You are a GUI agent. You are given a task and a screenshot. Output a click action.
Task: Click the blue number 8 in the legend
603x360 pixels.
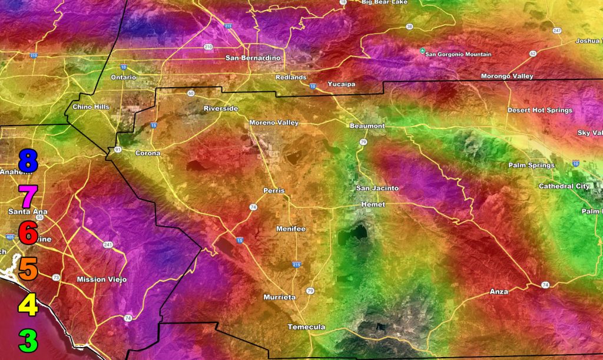(28, 161)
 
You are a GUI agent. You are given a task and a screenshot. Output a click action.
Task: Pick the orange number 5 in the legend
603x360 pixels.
(28, 268)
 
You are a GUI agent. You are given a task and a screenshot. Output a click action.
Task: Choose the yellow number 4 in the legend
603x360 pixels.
(28, 305)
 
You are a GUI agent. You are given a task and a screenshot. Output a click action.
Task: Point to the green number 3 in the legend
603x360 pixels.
(28, 341)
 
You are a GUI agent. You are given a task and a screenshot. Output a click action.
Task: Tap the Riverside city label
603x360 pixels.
(221, 109)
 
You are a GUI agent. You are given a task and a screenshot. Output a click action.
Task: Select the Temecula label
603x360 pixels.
(306, 327)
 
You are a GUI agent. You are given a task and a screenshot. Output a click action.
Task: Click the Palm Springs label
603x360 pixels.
(531, 166)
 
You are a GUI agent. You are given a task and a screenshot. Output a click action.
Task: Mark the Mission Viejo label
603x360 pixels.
(102, 279)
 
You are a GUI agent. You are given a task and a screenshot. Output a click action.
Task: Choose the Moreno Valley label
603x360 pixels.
(274, 123)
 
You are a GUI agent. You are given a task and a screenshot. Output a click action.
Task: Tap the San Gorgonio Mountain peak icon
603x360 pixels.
(422, 52)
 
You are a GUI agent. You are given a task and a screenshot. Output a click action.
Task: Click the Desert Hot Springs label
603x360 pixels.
(540, 110)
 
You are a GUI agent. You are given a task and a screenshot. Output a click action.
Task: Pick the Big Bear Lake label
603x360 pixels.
(384, 2)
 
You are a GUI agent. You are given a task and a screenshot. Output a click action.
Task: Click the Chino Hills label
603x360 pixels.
(91, 107)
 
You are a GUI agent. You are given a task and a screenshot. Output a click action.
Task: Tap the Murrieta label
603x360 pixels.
(280, 297)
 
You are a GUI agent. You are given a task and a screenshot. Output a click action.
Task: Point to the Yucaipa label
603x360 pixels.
(342, 84)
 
